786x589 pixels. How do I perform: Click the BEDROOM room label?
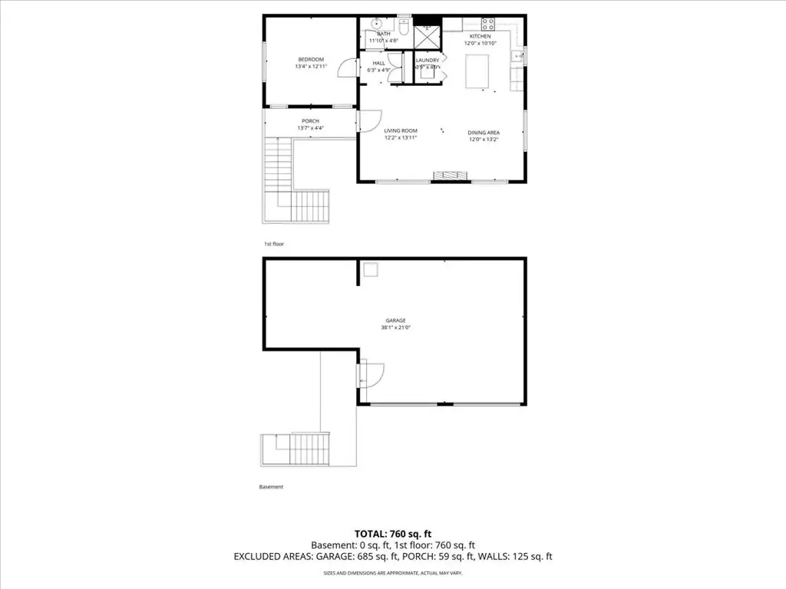310,59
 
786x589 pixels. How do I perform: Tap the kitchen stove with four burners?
487,23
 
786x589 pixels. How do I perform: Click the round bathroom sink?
377,22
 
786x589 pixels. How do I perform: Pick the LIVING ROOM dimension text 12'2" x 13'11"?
401,138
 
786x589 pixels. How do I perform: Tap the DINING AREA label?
484,132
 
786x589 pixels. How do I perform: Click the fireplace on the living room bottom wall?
450,176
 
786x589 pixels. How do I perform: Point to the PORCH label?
310,121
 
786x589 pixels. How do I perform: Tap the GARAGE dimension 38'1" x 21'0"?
395,327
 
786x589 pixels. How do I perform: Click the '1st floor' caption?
273,243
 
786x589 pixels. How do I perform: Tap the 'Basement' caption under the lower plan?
271,487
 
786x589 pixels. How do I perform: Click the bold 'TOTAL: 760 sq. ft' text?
392,533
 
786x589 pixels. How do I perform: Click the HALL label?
378,63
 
